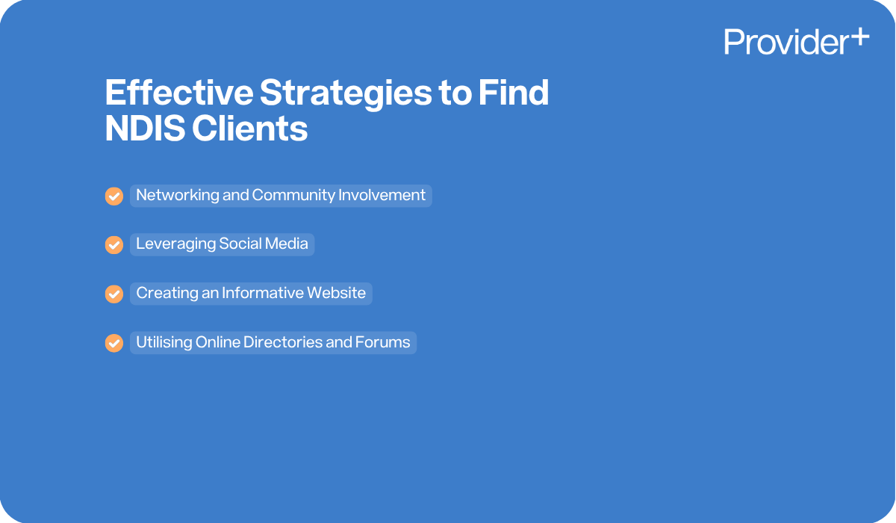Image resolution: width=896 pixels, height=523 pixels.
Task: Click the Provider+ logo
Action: (796, 42)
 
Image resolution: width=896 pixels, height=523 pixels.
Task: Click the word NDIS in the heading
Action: (144, 129)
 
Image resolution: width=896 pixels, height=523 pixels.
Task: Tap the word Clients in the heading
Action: (250, 129)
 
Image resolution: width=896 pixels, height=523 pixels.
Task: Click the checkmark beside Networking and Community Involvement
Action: (113, 196)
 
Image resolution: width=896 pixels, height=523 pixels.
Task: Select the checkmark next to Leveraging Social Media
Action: (113, 245)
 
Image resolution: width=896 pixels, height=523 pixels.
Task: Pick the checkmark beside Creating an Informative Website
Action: (113, 294)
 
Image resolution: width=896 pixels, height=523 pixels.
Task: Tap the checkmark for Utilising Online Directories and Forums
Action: (113, 343)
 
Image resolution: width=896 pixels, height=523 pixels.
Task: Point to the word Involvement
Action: (382, 196)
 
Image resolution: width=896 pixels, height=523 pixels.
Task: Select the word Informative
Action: (263, 293)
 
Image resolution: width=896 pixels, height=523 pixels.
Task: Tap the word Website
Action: (337, 293)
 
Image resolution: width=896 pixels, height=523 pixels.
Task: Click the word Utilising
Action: (164, 342)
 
